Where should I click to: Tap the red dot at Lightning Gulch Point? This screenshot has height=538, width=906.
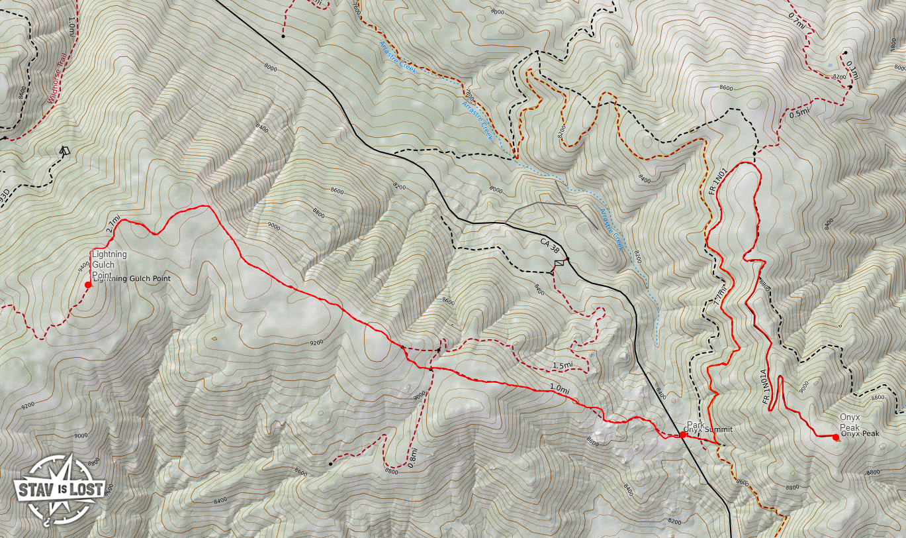pyautogui.click(x=88, y=285)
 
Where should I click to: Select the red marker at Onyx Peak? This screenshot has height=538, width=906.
pyautogui.click(x=836, y=437)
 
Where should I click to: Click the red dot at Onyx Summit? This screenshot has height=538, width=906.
pyautogui.click(x=683, y=435)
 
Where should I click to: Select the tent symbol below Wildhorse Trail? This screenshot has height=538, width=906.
pyautogui.click(x=64, y=151)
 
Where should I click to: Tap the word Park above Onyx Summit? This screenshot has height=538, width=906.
pyautogui.click(x=695, y=424)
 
